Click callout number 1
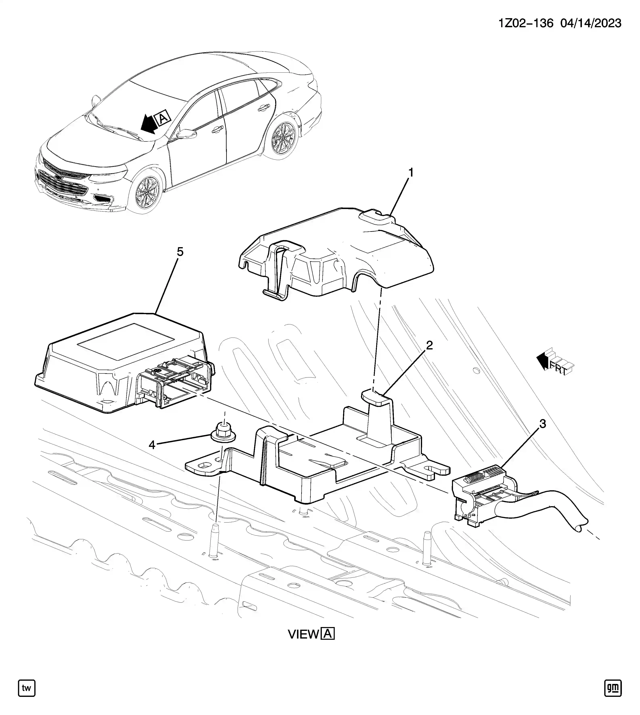410,173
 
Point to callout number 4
152,445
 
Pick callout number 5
180,252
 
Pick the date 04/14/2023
591,23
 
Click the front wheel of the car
146,192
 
